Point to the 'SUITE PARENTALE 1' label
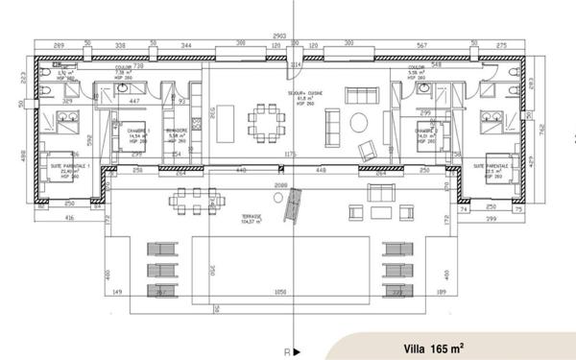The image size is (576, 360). (x=69, y=167)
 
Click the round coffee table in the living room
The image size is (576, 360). (x=357, y=121)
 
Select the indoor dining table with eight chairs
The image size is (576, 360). (x=268, y=122)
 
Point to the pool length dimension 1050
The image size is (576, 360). (x=281, y=292)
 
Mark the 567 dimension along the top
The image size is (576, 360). (x=421, y=44)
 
